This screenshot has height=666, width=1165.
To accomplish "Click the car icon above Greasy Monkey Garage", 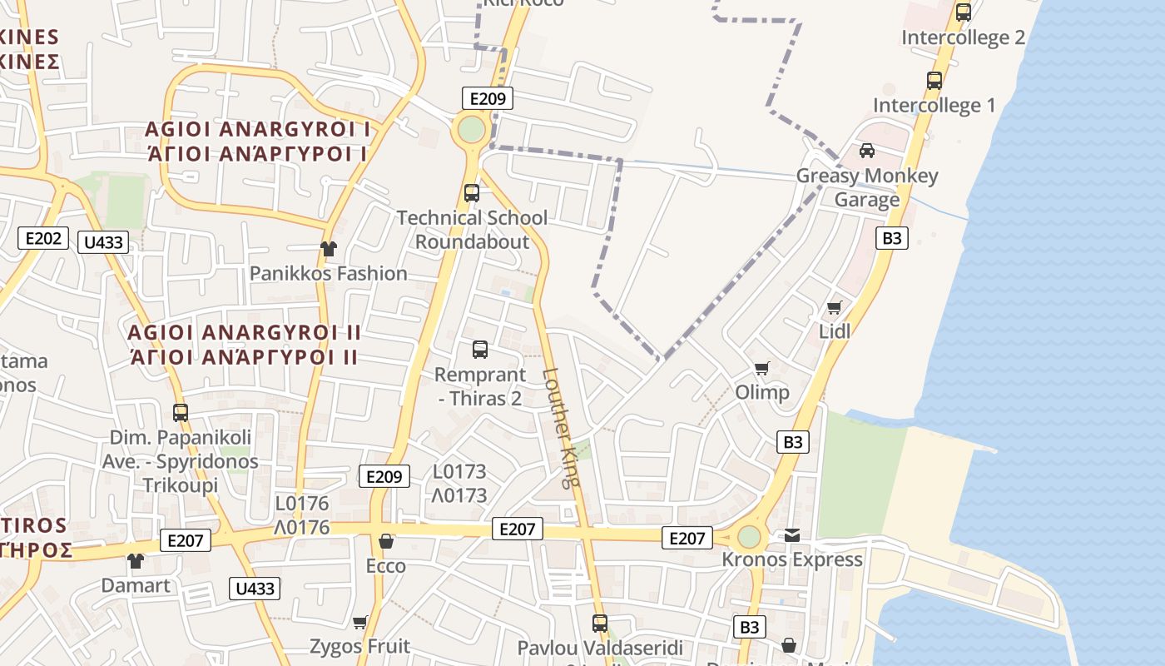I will click(867, 151).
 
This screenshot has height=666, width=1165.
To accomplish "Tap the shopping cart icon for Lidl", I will click(835, 307).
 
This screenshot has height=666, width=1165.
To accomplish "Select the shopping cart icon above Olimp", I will click(761, 368).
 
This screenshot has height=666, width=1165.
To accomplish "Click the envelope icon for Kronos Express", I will click(792, 535).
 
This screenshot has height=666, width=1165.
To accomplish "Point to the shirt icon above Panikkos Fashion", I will click(329, 248).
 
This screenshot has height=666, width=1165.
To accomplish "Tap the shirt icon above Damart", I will click(136, 561).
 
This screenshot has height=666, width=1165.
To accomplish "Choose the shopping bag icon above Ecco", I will click(386, 541).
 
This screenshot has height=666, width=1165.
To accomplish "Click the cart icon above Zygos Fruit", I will click(360, 622).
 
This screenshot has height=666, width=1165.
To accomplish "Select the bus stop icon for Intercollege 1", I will click(934, 81).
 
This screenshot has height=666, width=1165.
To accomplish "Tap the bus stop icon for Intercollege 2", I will click(964, 12).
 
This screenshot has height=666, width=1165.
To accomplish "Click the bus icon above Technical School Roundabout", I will click(472, 193).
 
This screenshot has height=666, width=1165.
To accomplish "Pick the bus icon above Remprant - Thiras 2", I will click(480, 350).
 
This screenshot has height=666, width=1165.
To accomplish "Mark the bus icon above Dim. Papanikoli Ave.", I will click(181, 412).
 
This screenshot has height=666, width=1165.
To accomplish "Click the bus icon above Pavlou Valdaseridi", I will click(600, 623).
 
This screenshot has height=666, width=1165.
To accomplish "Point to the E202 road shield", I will click(43, 239).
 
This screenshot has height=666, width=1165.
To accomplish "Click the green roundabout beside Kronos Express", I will click(749, 537).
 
